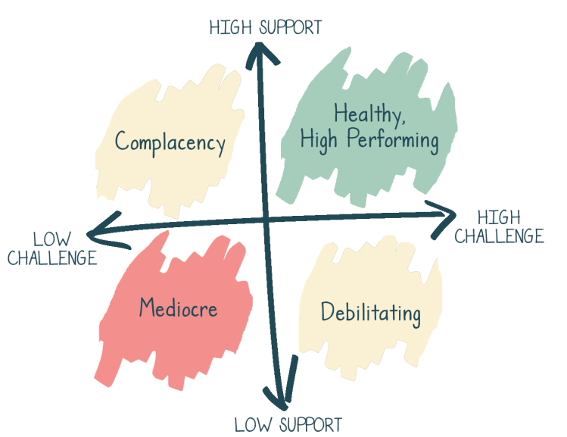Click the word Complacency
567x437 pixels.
point(170,142)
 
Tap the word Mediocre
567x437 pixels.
point(179,308)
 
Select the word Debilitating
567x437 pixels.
point(370,312)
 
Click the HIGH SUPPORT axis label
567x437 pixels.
point(265,28)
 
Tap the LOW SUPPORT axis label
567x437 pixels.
point(288,424)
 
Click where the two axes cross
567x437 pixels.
point(268,221)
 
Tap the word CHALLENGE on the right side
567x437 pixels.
point(499,236)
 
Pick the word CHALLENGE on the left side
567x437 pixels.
point(52,258)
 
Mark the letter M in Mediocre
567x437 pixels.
point(147,308)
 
